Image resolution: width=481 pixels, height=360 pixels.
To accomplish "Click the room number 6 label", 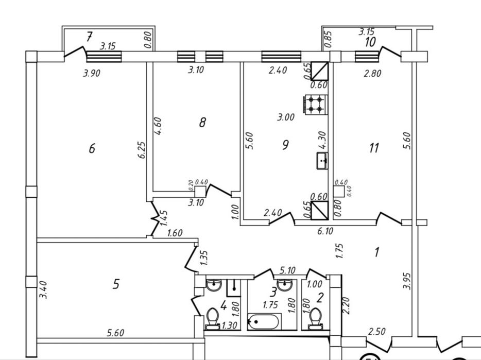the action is coord(92,148).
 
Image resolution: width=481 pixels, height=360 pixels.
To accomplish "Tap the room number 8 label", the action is coord(202,123).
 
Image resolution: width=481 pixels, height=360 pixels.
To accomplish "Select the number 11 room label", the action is coord(374,148).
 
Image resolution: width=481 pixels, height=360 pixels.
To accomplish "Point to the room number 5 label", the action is coord(116,284).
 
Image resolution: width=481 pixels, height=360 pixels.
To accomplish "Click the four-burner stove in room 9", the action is coord(316,105).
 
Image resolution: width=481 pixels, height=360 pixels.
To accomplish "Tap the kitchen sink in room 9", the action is coord(322,161).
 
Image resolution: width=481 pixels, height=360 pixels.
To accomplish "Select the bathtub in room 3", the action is coord(264,322).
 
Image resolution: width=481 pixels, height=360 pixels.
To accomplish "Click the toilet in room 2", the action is coord(316,319).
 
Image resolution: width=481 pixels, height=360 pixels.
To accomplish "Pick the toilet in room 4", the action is coord(212,319).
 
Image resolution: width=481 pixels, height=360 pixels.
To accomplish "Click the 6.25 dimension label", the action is coord(142,150).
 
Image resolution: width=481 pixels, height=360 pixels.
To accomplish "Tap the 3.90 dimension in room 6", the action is coord(92,73).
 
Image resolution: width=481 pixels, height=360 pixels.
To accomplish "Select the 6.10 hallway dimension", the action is coord(325,231).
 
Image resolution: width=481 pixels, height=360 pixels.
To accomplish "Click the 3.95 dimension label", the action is coord(407,281).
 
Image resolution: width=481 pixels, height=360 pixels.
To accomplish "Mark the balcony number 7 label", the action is coord(89,37).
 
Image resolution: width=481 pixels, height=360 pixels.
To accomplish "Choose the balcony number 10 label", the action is coord(370,42).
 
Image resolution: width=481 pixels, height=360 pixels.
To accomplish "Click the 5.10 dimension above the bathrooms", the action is coord(287,270).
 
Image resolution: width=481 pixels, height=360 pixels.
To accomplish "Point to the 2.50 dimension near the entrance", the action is coord(376,332).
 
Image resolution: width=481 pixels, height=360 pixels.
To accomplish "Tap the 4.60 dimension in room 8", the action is coord(158,126).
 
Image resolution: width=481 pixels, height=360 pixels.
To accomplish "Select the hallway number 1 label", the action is coord(377,252).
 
